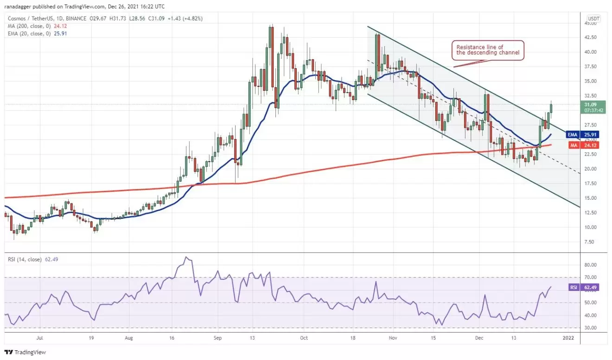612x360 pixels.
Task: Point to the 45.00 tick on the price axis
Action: pyautogui.click(x=591, y=23)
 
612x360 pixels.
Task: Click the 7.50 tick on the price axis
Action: pyautogui.click(x=589, y=242)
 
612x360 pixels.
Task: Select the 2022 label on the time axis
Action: pyautogui.click(x=568, y=338)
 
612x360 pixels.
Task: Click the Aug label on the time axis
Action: pyautogui.click(x=129, y=338)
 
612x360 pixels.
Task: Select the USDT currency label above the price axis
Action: pyautogui.click(x=593, y=19)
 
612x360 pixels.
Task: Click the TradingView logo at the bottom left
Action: pyautogui.click(x=25, y=352)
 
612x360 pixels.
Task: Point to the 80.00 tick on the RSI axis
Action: pyautogui.click(x=590, y=265)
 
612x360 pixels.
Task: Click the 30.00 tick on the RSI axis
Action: pyautogui.click(x=590, y=328)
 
